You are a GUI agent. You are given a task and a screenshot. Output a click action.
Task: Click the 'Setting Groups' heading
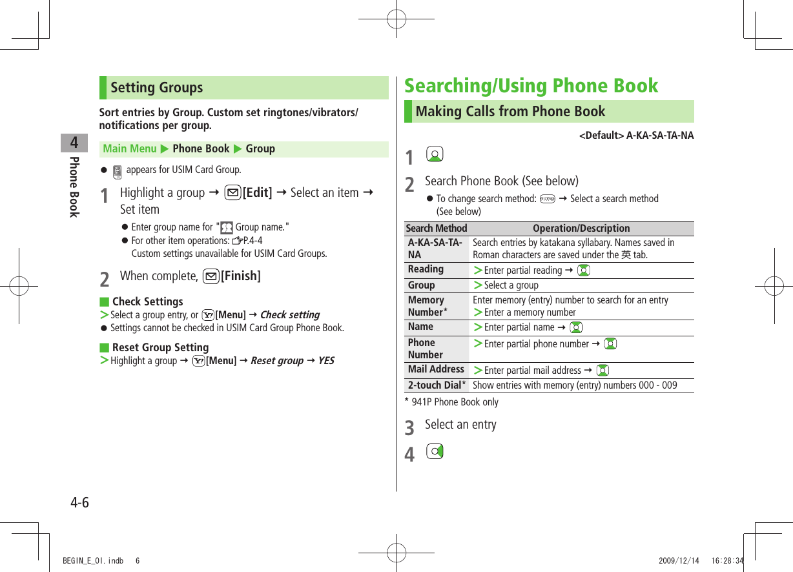point(157,88)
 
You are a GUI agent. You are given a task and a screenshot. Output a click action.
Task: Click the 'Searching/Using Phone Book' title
point(531,86)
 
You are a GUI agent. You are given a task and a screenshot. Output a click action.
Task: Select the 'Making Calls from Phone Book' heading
point(510,112)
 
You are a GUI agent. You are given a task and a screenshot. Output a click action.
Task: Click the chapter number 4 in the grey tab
point(74,143)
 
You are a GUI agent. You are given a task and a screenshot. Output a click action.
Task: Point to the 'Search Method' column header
point(436,229)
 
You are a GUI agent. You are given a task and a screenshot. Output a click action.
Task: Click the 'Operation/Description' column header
point(581,229)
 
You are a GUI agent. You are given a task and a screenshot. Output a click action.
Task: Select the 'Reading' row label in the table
point(426,269)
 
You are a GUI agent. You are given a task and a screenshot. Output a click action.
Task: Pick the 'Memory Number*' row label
point(427,306)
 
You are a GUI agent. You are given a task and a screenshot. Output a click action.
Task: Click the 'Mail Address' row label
point(436,369)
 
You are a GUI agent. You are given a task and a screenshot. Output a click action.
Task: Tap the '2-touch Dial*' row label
point(437,385)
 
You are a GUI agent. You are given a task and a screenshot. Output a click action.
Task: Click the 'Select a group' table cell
point(511,285)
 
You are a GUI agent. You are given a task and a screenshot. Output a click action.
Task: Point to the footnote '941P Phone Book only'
point(455,402)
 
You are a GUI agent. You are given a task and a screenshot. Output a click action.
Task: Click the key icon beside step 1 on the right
point(435,155)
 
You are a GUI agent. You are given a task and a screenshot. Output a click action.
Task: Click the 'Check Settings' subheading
point(147,301)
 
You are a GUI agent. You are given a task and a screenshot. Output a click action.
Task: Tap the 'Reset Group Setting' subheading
point(160,347)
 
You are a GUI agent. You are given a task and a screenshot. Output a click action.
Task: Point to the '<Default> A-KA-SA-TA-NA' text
point(636,136)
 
